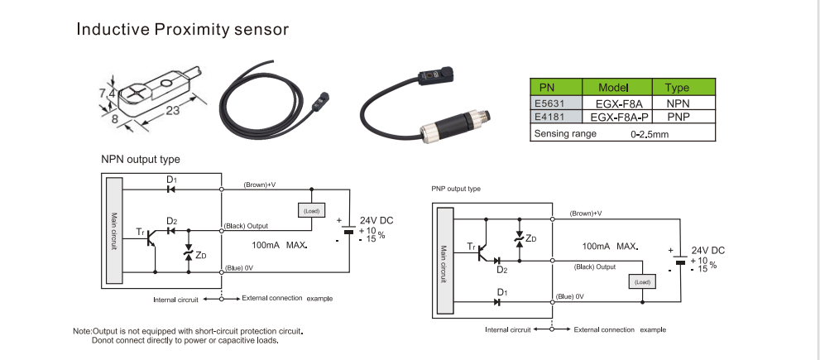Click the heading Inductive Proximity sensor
(182, 30)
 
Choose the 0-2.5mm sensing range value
(649, 133)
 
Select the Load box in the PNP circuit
(642, 281)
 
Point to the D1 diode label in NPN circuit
(171, 179)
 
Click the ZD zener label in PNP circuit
(531, 239)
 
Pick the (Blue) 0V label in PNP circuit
(590, 296)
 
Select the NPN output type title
(140, 159)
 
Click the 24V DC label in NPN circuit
(376, 220)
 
